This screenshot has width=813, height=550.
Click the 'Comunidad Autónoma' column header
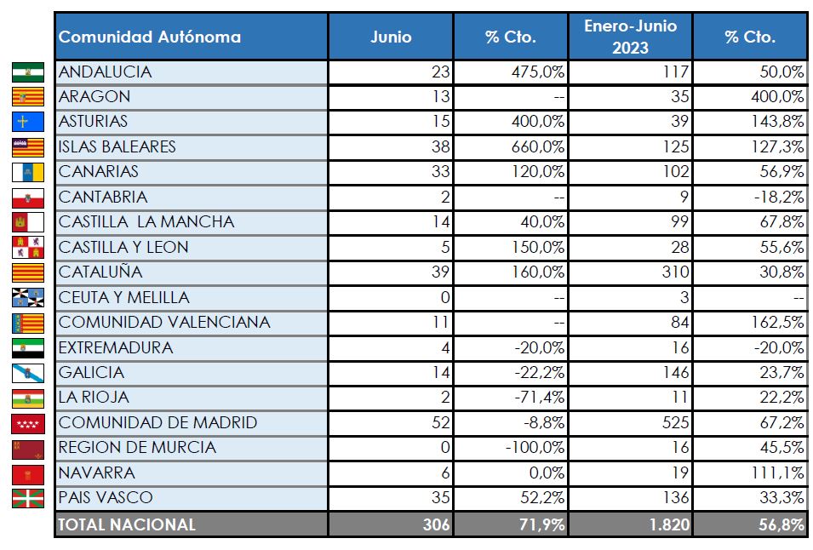click(150, 37)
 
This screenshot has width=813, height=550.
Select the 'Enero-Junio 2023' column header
click(630, 37)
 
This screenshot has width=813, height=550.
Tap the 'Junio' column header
click(391, 37)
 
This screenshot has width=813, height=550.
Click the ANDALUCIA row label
click(105, 72)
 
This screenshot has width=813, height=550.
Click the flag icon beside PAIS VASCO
click(28, 498)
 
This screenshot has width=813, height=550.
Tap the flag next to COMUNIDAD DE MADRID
click(28, 423)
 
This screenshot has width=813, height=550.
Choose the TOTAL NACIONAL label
click(127, 524)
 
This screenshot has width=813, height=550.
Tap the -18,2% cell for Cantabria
click(776, 198)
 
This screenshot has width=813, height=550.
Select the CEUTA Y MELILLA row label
click(124, 298)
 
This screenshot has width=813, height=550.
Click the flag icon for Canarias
click(28, 172)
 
